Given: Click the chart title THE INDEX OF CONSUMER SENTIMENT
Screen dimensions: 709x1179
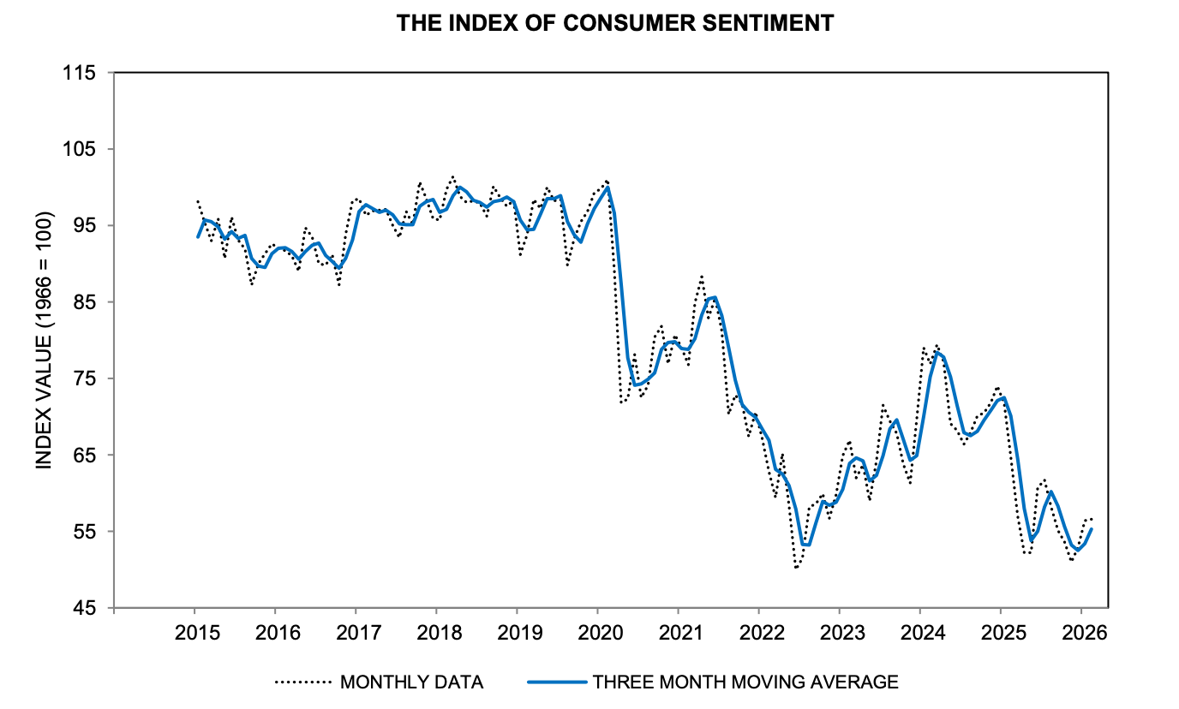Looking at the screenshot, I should (x=614, y=23).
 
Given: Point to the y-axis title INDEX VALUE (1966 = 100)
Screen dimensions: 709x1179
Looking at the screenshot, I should (x=43, y=339).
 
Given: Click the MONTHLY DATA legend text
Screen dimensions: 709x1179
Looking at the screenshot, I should (x=412, y=682).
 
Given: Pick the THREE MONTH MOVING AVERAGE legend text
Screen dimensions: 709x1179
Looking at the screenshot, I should (x=745, y=682).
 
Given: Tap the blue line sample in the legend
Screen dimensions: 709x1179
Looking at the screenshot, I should (x=556, y=682).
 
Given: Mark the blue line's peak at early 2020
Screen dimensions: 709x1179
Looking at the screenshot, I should (x=607, y=187).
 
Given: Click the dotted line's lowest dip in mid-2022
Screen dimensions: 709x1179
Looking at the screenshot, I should (x=796, y=567).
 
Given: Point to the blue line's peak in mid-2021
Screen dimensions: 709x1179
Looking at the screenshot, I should (x=715, y=297).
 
